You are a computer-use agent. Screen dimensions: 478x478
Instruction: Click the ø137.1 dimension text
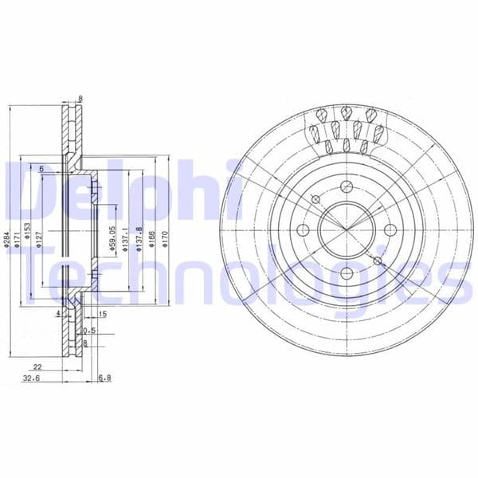126,236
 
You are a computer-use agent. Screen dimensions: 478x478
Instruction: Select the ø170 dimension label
163,237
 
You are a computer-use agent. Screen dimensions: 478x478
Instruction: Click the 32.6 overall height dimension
32,378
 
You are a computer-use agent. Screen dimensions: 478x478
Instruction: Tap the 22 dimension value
37,367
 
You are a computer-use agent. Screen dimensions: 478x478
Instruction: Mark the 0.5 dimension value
90,330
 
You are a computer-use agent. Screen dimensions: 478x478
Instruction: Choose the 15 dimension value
103,313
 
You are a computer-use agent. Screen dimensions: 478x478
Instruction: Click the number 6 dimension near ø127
40,168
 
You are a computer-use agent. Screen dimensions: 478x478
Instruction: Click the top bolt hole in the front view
347,187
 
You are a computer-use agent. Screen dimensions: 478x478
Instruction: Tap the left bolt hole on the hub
303,231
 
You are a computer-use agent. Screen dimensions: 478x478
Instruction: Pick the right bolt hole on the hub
390,231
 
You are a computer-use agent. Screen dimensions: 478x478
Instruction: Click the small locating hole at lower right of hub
378,261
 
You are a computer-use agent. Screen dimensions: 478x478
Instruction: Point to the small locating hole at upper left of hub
315,199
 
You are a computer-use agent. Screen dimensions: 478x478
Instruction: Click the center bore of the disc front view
347,231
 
